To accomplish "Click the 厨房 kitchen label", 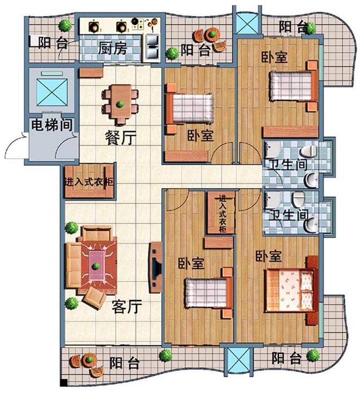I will point(113,48).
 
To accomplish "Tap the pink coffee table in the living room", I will point(97,264).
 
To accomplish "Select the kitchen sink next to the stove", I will point(152,43).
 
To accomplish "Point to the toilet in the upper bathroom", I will point(309,151).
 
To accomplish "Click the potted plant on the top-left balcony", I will point(66,25).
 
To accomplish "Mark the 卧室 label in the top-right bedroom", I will point(274,57).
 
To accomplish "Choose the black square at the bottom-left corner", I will point(63,383).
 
